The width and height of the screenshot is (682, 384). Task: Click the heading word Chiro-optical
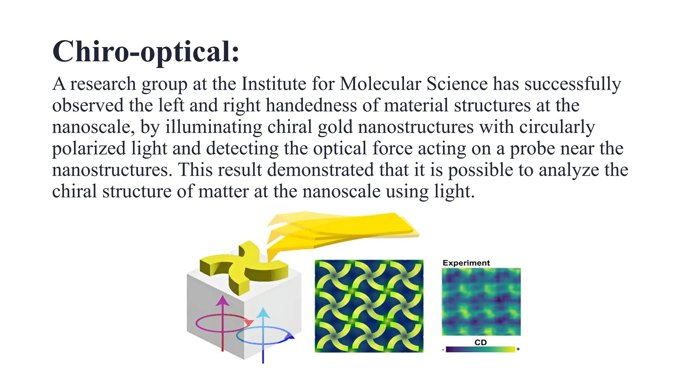tap(146, 52)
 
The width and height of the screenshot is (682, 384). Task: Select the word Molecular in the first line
tap(380, 84)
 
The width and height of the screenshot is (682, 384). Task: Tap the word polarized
tap(89, 149)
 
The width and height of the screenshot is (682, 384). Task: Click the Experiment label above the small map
tap(466, 263)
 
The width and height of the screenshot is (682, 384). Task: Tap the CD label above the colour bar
tap(481, 342)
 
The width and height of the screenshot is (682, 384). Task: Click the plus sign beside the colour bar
tap(518, 349)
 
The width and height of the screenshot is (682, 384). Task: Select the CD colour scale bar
tap(480, 349)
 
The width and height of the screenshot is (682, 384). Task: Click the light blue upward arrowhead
tap(263, 313)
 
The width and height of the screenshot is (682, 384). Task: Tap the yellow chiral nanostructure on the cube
tap(245, 267)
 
